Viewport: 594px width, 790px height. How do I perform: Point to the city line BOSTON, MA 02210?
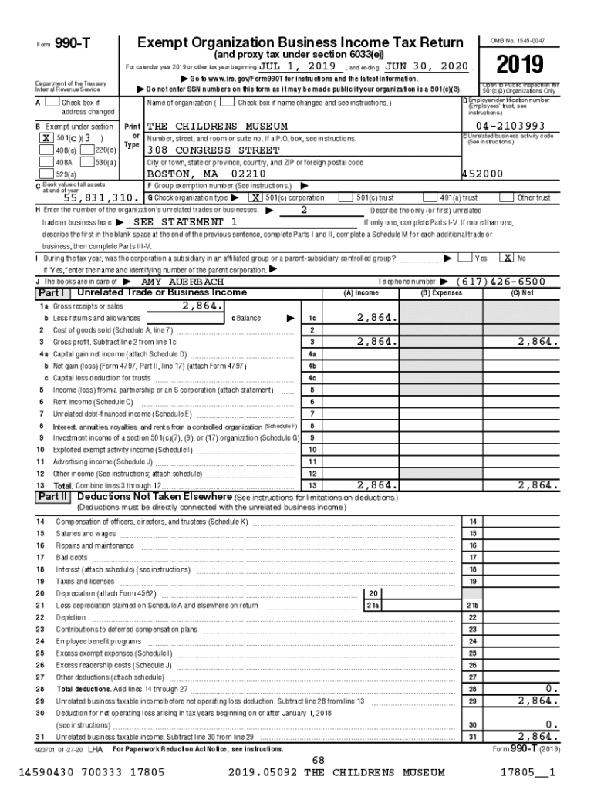point(206,174)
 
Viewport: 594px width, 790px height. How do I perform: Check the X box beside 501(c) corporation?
point(254,198)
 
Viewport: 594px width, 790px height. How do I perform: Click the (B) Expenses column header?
point(441,293)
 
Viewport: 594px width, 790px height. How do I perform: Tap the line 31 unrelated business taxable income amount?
point(538,737)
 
